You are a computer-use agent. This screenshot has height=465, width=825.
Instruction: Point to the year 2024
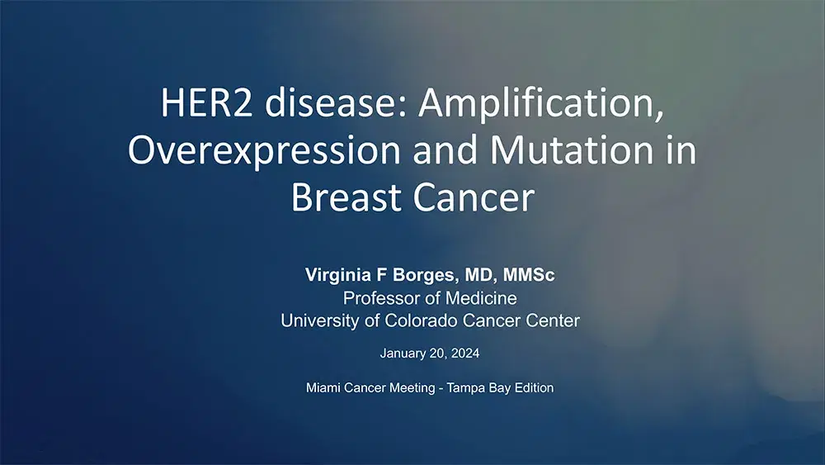[x=464, y=353]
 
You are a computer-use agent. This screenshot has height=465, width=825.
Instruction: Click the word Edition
[x=533, y=387]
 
